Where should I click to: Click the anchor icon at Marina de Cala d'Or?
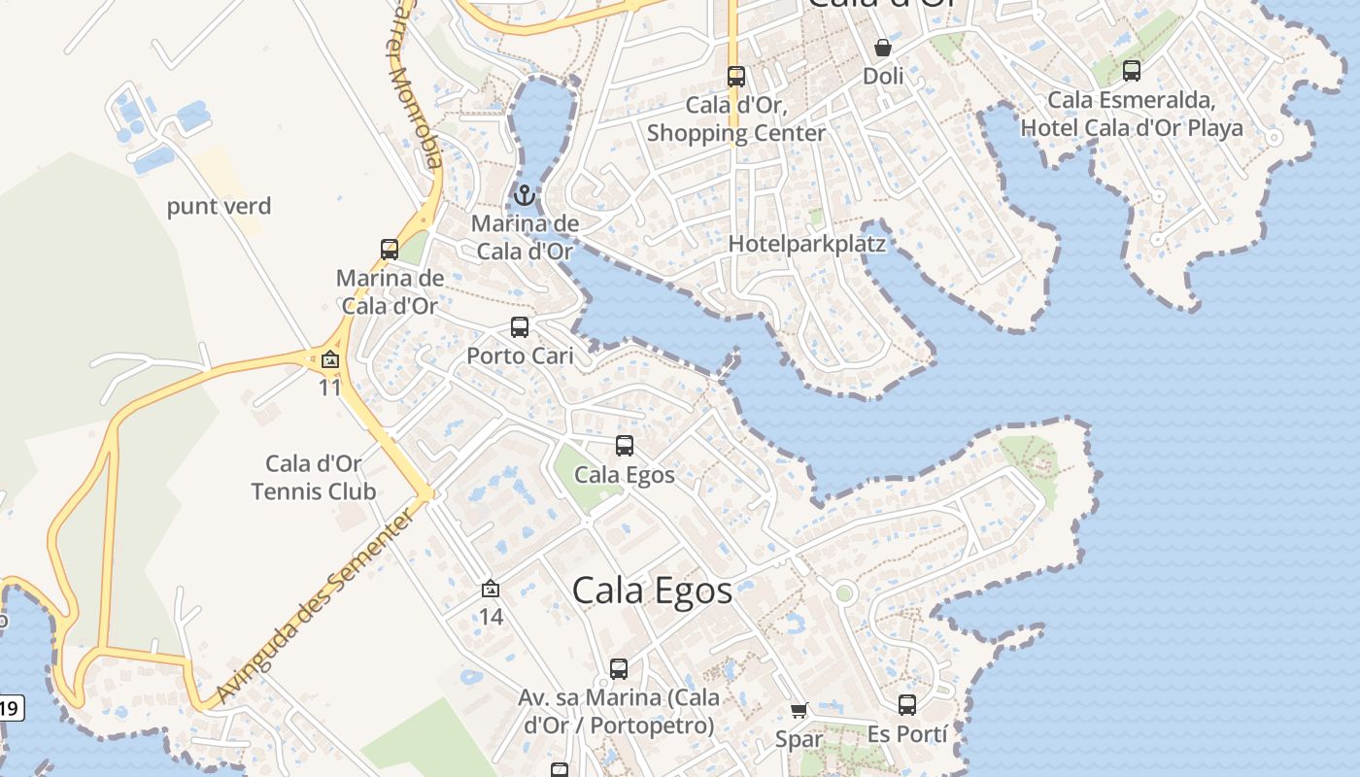(525, 196)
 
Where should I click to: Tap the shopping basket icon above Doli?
(882, 48)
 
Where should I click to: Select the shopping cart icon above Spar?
(799, 711)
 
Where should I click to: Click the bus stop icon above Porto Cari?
(520, 327)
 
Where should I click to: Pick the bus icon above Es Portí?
(906, 705)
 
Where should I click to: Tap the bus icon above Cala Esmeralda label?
(1131, 71)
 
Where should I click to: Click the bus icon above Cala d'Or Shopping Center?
(735, 77)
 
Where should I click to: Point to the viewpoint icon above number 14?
(491, 589)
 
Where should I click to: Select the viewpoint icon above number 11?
(330, 360)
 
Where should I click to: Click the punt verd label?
(219, 206)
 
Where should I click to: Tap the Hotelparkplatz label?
(807, 244)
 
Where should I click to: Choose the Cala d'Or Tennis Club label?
(313, 477)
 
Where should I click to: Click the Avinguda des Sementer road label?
(317, 604)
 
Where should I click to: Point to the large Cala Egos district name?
(652, 590)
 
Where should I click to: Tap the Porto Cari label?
(520, 355)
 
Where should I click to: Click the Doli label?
(882, 76)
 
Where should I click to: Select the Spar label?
(799, 739)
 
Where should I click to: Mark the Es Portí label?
(906, 733)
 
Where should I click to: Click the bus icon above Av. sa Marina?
(619, 669)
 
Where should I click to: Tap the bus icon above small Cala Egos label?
(625, 446)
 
